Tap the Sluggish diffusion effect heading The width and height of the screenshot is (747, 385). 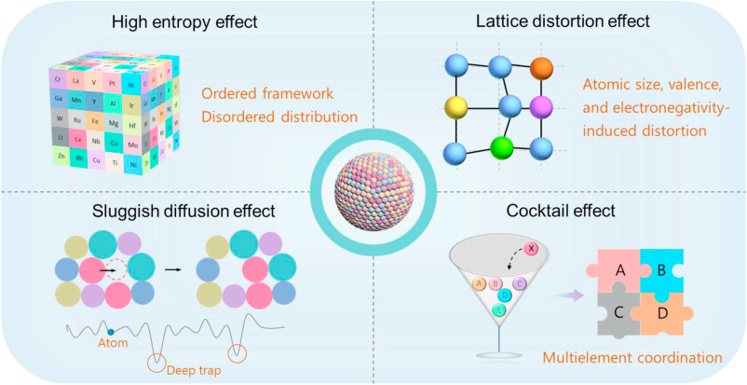pyautogui.click(x=176, y=212)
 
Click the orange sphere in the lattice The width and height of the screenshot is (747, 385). pyautogui.click(x=541, y=68)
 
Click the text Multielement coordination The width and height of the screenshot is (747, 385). pyautogui.click(x=632, y=357)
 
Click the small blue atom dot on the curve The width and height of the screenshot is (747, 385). pyautogui.click(x=111, y=332)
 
